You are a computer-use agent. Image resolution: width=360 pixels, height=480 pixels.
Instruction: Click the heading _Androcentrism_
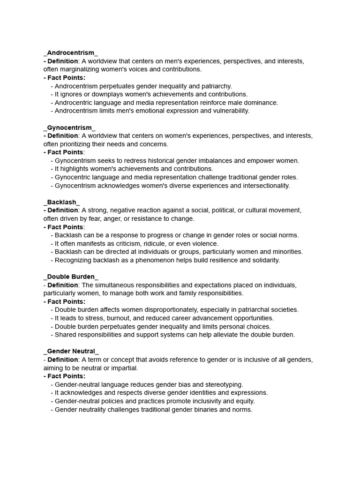pos(71,52)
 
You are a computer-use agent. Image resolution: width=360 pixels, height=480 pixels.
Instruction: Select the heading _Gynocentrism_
pos(69,127)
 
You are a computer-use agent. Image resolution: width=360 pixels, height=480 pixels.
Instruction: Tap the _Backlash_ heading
pos(62,202)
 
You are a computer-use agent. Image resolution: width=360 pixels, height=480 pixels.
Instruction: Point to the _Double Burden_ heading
pos(71,277)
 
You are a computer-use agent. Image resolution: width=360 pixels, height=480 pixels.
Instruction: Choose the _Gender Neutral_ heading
pos(71,351)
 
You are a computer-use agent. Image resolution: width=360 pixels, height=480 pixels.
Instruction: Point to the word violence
pos(204,243)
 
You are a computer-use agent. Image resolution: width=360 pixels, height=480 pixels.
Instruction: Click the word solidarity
pos(263,260)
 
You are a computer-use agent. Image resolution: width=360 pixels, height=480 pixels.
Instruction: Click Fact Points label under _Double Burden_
pos(66,301)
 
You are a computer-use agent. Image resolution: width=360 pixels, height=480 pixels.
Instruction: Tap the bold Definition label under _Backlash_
pos(63,210)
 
